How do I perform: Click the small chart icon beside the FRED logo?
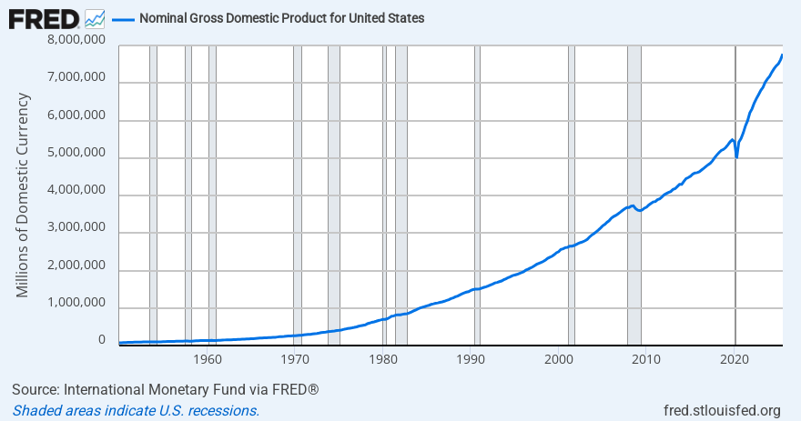pyautogui.click(x=94, y=18)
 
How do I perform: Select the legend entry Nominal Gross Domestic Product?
pyautogui.click(x=280, y=18)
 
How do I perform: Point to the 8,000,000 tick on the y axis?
pyautogui.click(x=75, y=42)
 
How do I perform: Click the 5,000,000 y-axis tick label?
pyautogui.click(x=75, y=157)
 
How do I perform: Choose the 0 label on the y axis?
pyautogui.click(x=102, y=340)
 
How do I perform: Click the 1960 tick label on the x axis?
pyautogui.click(x=208, y=358)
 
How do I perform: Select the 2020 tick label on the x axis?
pyautogui.click(x=735, y=358)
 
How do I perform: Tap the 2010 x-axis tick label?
pyautogui.click(x=646, y=358)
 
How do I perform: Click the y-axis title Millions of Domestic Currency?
pyautogui.click(x=24, y=195)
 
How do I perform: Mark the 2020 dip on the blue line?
pyautogui.click(x=736, y=157)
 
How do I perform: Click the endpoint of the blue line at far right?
pyautogui.click(x=782, y=55)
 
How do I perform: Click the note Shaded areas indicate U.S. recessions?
pyautogui.click(x=137, y=410)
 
